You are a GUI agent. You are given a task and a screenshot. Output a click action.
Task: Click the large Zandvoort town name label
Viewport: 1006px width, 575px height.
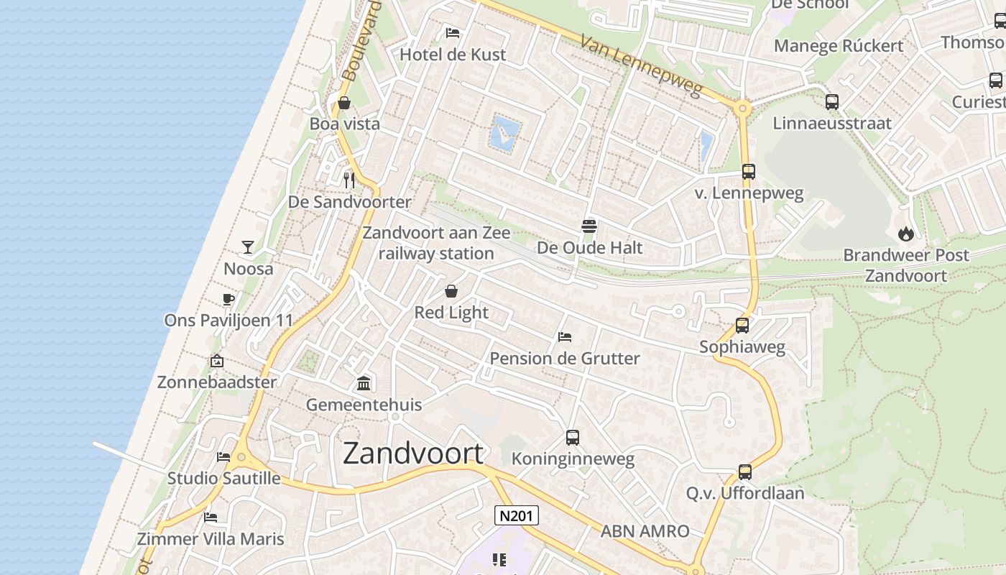(x=413, y=454)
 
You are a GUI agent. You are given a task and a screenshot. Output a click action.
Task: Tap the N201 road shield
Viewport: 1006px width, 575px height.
(x=517, y=515)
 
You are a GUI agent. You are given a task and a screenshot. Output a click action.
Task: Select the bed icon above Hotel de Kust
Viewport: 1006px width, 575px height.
(x=453, y=32)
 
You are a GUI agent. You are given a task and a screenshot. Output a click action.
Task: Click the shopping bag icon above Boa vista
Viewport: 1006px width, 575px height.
(x=344, y=103)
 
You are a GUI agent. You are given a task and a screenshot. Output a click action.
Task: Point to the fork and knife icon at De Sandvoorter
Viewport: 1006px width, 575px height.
(x=349, y=180)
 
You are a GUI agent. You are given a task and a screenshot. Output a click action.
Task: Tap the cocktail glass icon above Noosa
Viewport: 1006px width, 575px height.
(x=248, y=247)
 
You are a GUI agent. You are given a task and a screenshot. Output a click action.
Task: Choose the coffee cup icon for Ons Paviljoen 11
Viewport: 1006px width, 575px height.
(x=229, y=299)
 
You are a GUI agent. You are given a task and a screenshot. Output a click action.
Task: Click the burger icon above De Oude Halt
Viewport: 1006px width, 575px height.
(x=589, y=226)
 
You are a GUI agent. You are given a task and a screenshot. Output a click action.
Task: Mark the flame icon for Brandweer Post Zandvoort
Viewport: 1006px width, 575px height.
(x=905, y=234)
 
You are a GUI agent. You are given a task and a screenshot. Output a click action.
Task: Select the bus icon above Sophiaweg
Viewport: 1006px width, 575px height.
(x=742, y=326)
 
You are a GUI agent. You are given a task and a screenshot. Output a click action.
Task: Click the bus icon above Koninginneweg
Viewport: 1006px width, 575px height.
(x=573, y=437)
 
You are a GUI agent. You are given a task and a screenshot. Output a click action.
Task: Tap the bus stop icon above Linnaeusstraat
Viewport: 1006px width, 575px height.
(x=832, y=102)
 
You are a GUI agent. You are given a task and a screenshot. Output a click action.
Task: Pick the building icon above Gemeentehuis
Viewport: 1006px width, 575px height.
(x=364, y=383)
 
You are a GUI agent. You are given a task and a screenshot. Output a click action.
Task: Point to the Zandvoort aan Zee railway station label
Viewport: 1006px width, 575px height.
(x=436, y=243)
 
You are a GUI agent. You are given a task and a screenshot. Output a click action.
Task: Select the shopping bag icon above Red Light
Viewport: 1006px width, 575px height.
(x=451, y=291)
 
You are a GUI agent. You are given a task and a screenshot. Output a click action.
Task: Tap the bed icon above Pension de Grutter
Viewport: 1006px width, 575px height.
(x=565, y=336)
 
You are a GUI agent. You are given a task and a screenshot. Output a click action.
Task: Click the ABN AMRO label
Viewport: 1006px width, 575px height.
(x=645, y=532)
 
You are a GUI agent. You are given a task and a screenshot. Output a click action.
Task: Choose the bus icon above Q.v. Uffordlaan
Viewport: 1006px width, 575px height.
(x=745, y=472)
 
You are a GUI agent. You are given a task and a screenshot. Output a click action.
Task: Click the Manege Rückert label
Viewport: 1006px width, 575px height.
(x=839, y=46)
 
